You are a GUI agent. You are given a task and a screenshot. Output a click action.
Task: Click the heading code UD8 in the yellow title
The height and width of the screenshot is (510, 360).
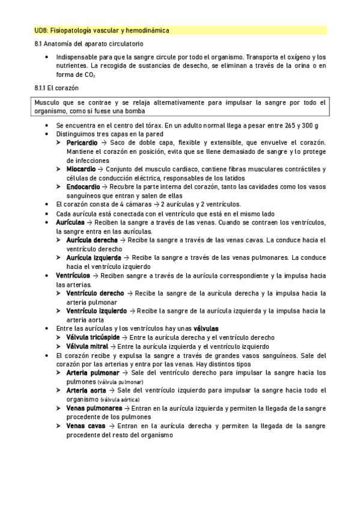click(41, 29)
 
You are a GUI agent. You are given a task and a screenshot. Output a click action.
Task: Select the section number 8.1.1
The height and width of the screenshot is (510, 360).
click(41, 88)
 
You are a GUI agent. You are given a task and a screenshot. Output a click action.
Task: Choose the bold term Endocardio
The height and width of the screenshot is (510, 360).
click(84, 187)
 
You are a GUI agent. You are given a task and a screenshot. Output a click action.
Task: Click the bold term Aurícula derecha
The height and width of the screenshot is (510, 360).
click(92, 240)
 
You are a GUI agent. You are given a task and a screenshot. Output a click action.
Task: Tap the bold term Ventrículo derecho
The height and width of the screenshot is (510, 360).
click(96, 293)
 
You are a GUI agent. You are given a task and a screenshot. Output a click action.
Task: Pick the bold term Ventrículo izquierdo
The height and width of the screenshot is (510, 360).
click(97, 311)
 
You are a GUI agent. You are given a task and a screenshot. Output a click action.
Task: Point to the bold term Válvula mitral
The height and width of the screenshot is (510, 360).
click(87, 346)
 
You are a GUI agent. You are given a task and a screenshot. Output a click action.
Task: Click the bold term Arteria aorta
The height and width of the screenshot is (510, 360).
click(86, 390)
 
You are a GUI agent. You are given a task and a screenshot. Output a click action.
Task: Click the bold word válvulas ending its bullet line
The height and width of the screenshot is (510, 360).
click(206, 328)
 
